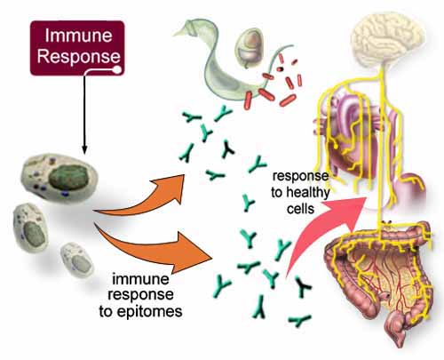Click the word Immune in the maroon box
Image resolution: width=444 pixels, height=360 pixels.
(79, 36)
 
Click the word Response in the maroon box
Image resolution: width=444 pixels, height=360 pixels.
(79, 56)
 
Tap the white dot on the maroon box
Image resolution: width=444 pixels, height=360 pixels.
(117, 70)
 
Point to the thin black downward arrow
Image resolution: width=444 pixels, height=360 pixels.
(84, 114)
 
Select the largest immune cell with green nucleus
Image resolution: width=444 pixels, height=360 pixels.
(59, 177)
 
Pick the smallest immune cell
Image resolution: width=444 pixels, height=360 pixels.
(77, 260)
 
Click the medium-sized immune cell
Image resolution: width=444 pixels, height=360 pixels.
(31, 228)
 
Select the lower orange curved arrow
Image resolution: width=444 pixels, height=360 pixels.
(154, 249)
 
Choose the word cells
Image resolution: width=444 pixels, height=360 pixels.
(300, 209)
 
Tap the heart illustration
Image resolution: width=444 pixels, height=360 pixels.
(355, 140)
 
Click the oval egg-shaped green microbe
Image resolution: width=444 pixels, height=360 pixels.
(250, 47)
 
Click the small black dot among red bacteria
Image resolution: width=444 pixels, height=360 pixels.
(280, 69)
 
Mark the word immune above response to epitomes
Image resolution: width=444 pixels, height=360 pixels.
(140, 279)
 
